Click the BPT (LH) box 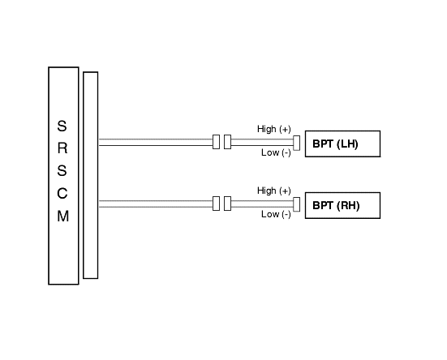[342, 144]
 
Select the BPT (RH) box [342, 205]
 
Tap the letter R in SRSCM [62, 148]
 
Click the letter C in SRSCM [62, 194]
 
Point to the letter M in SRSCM [63, 216]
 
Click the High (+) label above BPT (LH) [274, 129]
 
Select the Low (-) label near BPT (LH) [276, 152]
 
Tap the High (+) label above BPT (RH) [274, 191]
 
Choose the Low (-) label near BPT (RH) [276, 214]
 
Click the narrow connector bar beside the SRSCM [91, 175]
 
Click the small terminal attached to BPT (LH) [296, 143]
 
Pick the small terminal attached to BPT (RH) [296, 204]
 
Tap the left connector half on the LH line [216, 142]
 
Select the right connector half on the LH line [227, 142]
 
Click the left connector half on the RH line [216, 204]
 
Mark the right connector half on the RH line [227, 204]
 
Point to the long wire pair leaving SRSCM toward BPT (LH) [156, 143]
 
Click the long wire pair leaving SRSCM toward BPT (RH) [156, 204]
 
